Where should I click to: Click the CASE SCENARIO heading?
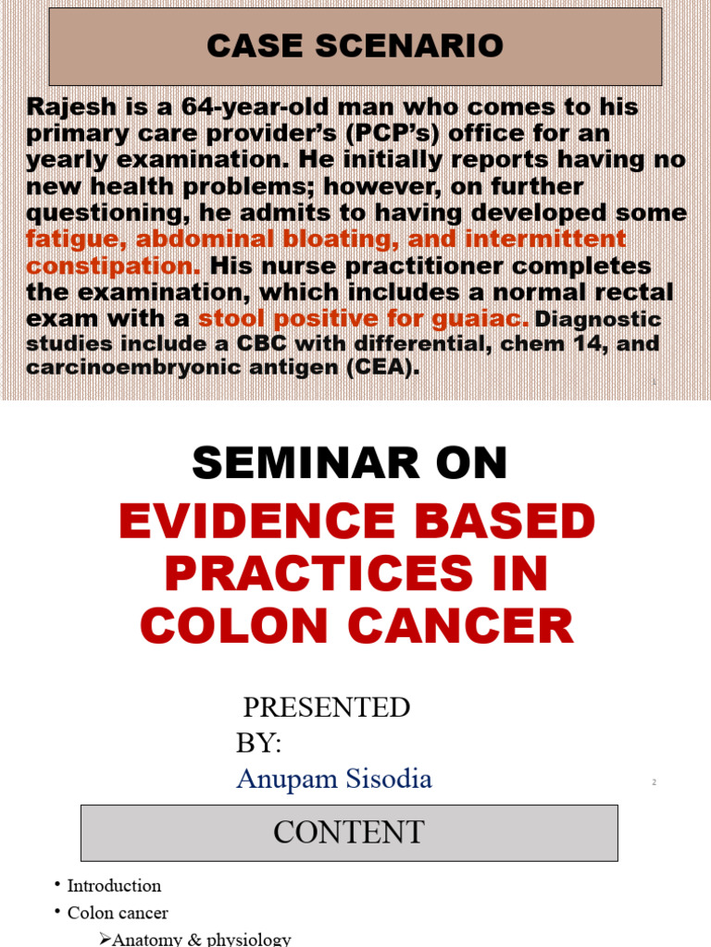(x=355, y=46)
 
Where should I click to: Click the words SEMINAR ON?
(x=350, y=462)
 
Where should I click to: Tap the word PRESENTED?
(x=326, y=707)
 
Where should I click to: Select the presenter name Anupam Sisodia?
(x=334, y=779)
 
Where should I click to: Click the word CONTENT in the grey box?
(x=349, y=832)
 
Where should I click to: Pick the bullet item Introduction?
(x=114, y=886)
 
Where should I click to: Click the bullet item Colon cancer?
(x=118, y=913)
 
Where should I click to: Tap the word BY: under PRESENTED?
(x=259, y=743)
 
